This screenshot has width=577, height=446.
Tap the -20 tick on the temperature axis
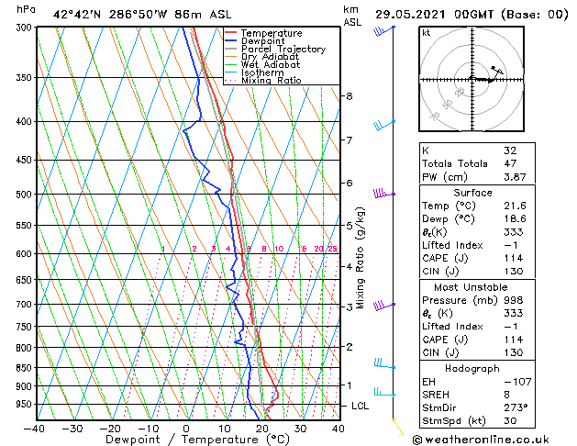click(x=110, y=428)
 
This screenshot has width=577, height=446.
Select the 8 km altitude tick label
click(x=349, y=96)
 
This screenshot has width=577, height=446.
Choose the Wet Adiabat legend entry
click(x=272, y=65)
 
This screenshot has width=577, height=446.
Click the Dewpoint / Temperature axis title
click(x=186, y=440)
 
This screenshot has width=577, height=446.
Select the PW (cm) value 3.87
click(x=512, y=177)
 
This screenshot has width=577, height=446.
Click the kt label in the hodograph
click(x=427, y=32)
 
